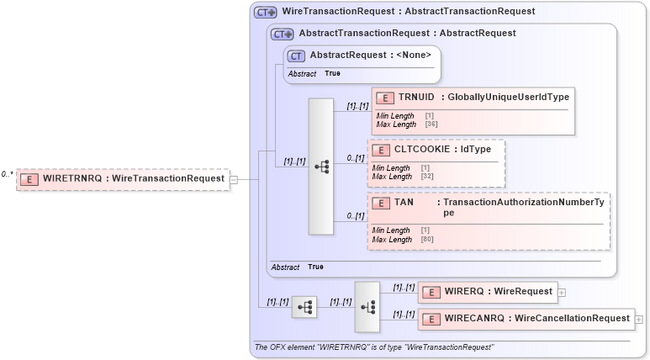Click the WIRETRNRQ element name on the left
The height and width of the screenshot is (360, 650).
pos(71,178)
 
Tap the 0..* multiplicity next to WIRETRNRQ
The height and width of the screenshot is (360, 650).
pos(7,174)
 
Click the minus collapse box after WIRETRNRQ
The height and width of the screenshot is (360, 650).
pos(234,179)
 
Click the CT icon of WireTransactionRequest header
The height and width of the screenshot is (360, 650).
pos(266,13)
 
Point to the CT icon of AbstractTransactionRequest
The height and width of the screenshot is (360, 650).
pos(282,34)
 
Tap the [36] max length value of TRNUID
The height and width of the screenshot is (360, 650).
pos(431,124)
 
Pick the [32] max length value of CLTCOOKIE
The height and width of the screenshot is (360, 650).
pos(426,177)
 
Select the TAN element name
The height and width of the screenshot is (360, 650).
pos(404,203)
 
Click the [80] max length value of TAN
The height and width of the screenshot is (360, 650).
pos(426,240)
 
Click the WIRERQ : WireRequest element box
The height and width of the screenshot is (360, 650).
pos(487,292)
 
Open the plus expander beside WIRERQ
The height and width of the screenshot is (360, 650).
pos(561,292)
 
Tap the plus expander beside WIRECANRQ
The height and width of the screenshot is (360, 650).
pos(639,319)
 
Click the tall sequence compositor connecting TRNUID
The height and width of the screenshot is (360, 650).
pos(321,167)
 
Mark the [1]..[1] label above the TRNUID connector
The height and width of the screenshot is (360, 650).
pos(357,106)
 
